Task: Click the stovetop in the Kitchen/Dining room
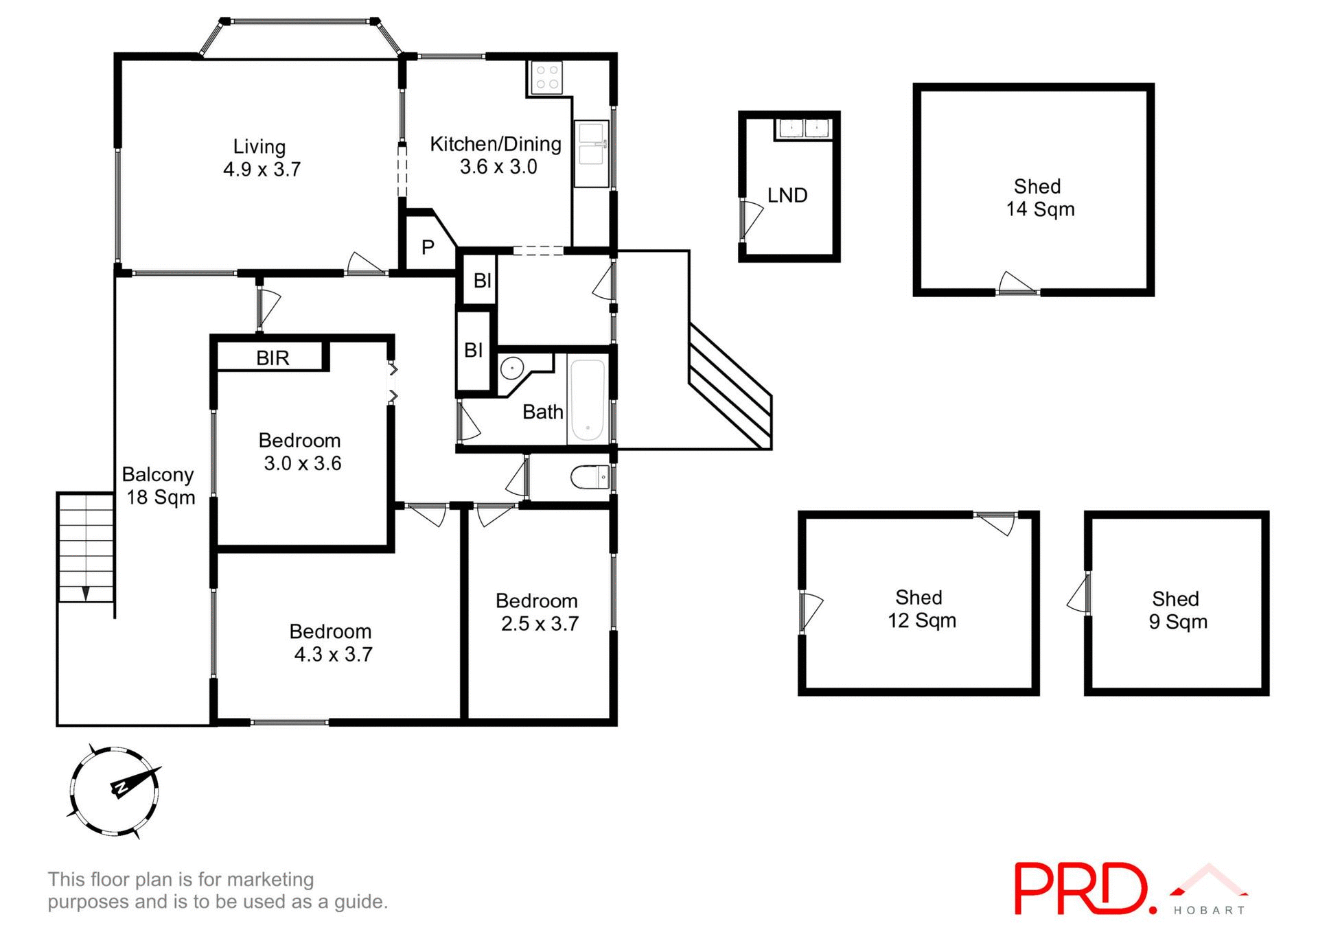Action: (x=546, y=77)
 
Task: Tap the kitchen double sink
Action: (x=591, y=145)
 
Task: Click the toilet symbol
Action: (x=591, y=476)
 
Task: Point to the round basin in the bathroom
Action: (x=512, y=369)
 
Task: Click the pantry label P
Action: (x=428, y=247)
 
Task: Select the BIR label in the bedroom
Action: (x=273, y=358)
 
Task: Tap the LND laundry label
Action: (x=787, y=196)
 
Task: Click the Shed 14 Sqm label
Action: (x=1039, y=198)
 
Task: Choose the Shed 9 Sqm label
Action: (x=1177, y=610)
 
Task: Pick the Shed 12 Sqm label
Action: (x=921, y=609)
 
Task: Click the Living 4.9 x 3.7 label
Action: (x=261, y=158)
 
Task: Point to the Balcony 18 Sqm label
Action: (x=159, y=486)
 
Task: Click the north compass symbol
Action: (x=115, y=791)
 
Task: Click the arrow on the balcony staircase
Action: (x=86, y=593)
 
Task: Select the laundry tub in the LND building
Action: (x=803, y=128)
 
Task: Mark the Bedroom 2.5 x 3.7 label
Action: (x=538, y=612)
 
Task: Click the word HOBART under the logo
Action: (x=1209, y=911)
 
